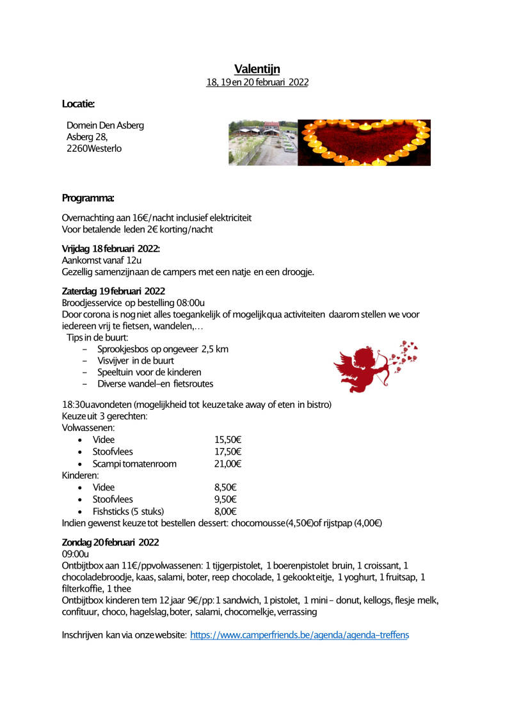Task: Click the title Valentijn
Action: (257, 69)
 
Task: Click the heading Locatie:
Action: (79, 104)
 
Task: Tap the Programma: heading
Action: (88, 197)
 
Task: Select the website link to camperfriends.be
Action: (299, 635)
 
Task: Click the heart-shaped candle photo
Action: (364, 142)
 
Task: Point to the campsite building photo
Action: (263, 142)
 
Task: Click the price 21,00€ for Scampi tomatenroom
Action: (227, 463)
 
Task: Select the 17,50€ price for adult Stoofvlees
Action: (227, 451)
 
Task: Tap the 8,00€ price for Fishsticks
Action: (225, 511)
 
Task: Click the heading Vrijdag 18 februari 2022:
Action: (111, 248)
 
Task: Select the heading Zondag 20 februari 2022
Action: (110, 542)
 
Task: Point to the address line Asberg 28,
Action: (87, 136)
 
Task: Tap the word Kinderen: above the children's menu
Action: (80, 476)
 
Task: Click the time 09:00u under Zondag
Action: (75, 553)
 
